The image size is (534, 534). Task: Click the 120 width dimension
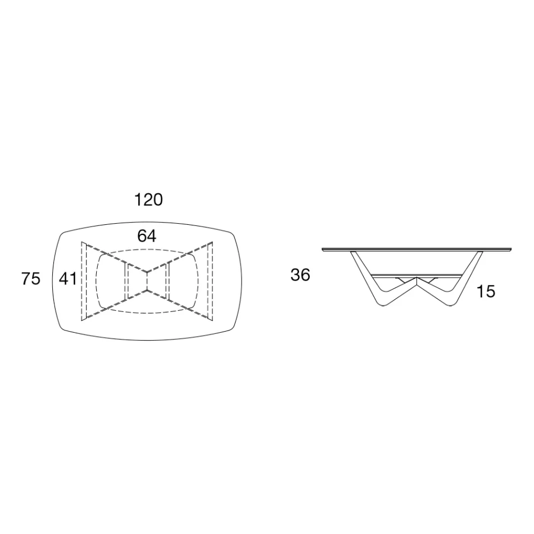pyautogui.click(x=149, y=200)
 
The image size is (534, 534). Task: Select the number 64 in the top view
pyautogui.click(x=147, y=236)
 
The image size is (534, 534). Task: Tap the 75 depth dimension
pyautogui.click(x=31, y=278)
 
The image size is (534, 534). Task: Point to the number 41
pyautogui.click(x=68, y=278)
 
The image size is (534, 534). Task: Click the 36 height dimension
pyautogui.click(x=301, y=275)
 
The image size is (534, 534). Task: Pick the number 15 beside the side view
pyautogui.click(x=486, y=292)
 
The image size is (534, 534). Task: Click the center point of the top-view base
pyautogui.click(x=147, y=281)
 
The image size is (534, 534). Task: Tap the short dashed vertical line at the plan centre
pyautogui.click(x=147, y=281)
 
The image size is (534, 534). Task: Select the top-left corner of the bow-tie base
pyautogui.click(x=82, y=243)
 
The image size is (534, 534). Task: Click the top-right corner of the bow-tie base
pyautogui.click(x=212, y=242)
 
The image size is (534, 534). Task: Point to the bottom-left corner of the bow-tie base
pyautogui.click(x=82, y=320)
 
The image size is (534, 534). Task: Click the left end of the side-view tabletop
pyautogui.click(x=323, y=249)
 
